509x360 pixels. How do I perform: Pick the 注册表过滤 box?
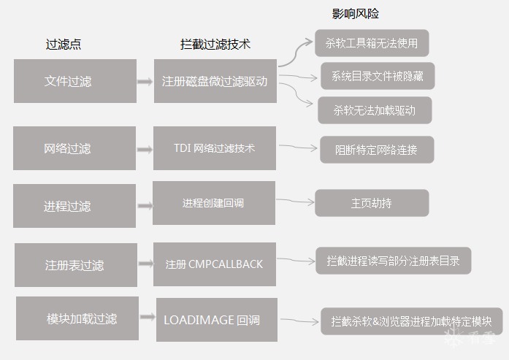coord(75,265)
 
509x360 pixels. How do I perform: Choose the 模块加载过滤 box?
coord(77,318)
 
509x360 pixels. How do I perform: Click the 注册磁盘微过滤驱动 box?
coord(215,81)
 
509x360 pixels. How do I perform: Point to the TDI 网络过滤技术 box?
coord(214,148)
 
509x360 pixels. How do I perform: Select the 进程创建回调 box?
coord(213,203)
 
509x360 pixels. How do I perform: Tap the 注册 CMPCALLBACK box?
coord(214,264)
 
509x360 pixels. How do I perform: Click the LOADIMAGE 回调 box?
coord(216,320)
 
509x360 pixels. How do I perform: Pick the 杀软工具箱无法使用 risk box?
coord(372,43)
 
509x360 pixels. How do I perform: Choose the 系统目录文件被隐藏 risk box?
coord(378,75)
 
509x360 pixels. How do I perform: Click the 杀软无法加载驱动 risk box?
coord(375,110)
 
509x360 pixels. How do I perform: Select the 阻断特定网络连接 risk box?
coord(376,150)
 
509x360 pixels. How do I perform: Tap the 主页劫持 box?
coord(371,203)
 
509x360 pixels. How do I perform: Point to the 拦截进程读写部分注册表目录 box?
coord(393,261)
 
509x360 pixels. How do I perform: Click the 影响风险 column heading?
coord(356,14)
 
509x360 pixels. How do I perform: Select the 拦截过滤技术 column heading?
coord(215,44)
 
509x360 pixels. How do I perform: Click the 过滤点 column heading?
coord(63,44)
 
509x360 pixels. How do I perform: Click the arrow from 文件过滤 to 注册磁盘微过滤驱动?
coord(145,82)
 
